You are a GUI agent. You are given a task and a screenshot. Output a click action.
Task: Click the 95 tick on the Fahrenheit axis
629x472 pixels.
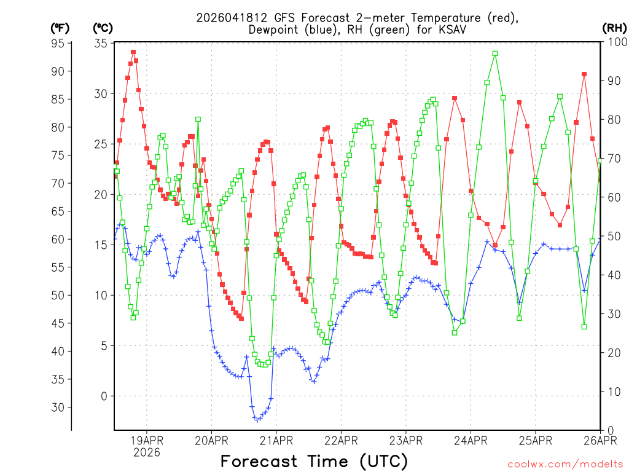59,43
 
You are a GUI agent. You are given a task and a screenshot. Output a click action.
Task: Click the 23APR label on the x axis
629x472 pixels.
405,440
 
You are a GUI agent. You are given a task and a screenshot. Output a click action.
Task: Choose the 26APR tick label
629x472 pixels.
600,440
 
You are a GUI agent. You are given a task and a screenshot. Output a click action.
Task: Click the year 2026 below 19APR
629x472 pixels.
146,452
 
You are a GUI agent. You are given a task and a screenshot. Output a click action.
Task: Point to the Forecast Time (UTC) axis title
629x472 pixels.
314,461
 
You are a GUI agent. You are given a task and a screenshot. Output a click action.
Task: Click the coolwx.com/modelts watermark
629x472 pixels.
565,464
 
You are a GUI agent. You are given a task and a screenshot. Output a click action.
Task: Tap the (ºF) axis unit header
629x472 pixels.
60,28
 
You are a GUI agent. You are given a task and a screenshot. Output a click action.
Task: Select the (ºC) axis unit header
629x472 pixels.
103,28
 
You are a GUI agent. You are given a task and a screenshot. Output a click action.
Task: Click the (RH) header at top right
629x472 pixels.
614,28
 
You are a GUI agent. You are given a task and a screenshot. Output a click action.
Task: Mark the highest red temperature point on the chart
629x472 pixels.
133,52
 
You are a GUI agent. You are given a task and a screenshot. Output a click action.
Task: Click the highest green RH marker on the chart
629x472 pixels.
495,53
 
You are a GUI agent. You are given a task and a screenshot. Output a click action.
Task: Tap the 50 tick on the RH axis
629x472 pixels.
612,236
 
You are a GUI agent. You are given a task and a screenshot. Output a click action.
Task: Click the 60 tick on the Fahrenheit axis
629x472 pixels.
59,239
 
